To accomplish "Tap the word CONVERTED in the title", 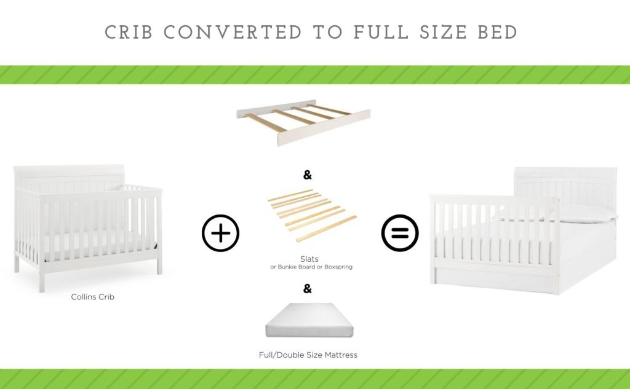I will click(x=232, y=33).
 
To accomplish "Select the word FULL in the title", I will click(x=380, y=33).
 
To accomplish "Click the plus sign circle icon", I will click(x=220, y=234).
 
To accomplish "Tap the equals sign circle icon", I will click(x=400, y=234).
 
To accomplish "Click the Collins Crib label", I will click(x=93, y=297).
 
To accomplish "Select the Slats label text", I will click(x=309, y=259).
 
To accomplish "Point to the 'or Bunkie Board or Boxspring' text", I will click(x=311, y=267).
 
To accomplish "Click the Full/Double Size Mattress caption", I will click(x=308, y=355).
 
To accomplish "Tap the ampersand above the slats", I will click(x=308, y=175).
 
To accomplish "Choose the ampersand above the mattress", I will click(x=308, y=288).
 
